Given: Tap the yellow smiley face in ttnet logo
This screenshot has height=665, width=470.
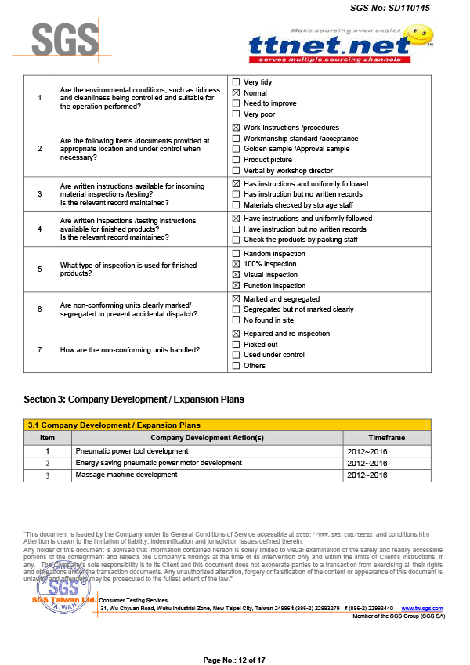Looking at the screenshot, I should [421, 34].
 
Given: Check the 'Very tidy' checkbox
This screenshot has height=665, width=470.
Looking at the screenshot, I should [236, 82].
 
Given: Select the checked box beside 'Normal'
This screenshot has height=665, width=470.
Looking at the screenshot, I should [236, 93].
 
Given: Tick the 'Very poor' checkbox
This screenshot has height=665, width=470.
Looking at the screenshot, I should [236, 114].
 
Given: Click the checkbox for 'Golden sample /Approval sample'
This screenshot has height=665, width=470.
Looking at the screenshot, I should [236, 149].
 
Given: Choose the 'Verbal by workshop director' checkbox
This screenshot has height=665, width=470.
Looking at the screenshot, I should [236, 170].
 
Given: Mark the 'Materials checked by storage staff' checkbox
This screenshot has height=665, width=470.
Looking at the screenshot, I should [236, 205].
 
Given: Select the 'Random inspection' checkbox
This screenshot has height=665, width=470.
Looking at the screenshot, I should [236, 254].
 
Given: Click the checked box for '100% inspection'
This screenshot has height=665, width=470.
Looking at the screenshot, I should [236, 265].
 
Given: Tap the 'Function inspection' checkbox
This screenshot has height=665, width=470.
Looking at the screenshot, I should [236, 286].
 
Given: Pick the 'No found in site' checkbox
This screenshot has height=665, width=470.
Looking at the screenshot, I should [236, 320].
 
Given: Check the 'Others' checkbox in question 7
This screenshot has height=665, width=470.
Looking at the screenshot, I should [236, 366].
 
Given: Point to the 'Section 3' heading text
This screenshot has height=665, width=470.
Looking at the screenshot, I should [134, 399].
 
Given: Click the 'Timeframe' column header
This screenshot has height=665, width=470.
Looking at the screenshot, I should [386, 438].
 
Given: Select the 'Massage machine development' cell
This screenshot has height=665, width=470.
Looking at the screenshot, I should [126, 475].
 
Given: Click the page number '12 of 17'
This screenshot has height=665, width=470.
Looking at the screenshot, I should [234, 660].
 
